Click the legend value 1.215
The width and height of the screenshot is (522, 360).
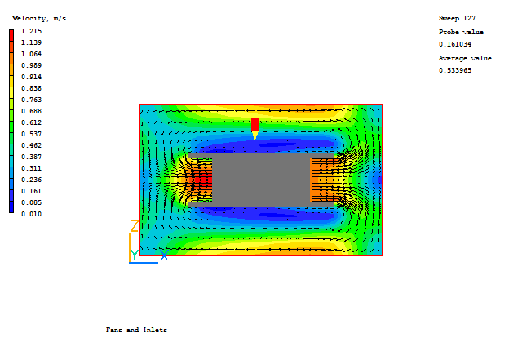click(31, 31)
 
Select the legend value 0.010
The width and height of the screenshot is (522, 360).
click(31, 214)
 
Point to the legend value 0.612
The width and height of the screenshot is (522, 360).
click(31, 122)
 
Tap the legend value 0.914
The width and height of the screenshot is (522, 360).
click(31, 77)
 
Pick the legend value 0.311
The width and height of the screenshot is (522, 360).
click(31, 168)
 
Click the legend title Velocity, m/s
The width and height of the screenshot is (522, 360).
click(39, 18)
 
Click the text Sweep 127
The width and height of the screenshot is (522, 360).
click(457, 18)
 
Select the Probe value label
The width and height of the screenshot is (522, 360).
click(461, 32)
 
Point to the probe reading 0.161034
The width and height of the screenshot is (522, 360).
click(455, 44)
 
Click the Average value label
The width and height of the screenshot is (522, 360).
click(465, 58)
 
